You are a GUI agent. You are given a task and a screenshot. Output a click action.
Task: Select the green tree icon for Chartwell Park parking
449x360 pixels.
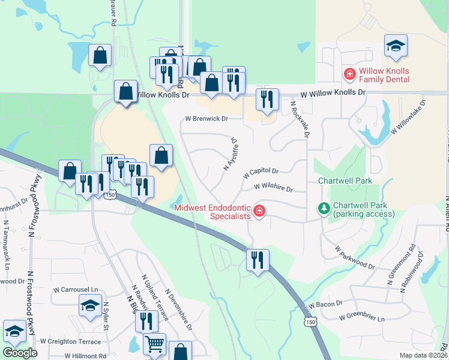(x=324, y=209)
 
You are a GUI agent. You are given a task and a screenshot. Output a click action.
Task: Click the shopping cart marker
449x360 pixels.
(x=155, y=344)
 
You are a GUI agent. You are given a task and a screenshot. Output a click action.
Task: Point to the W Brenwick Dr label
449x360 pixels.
(x=206, y=119)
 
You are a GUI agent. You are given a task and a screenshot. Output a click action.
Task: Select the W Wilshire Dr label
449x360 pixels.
(x=273, y=188)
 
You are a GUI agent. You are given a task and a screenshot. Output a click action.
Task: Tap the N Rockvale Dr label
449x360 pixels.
(x=299, y=119)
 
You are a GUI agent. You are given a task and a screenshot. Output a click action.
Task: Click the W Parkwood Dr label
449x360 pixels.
(x=354, y=257)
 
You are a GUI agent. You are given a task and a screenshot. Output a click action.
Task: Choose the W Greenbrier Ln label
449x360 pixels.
(x=361, y=318)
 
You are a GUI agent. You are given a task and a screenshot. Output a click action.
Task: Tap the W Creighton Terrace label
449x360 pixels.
(x=71, y=341)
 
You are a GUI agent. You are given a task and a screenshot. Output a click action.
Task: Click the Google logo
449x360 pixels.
(x=20, y=353)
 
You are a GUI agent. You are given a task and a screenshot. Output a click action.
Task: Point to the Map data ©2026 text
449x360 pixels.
(x=423, y=355)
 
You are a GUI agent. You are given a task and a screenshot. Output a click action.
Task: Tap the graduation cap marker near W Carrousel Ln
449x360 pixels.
(x=90, y=306)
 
